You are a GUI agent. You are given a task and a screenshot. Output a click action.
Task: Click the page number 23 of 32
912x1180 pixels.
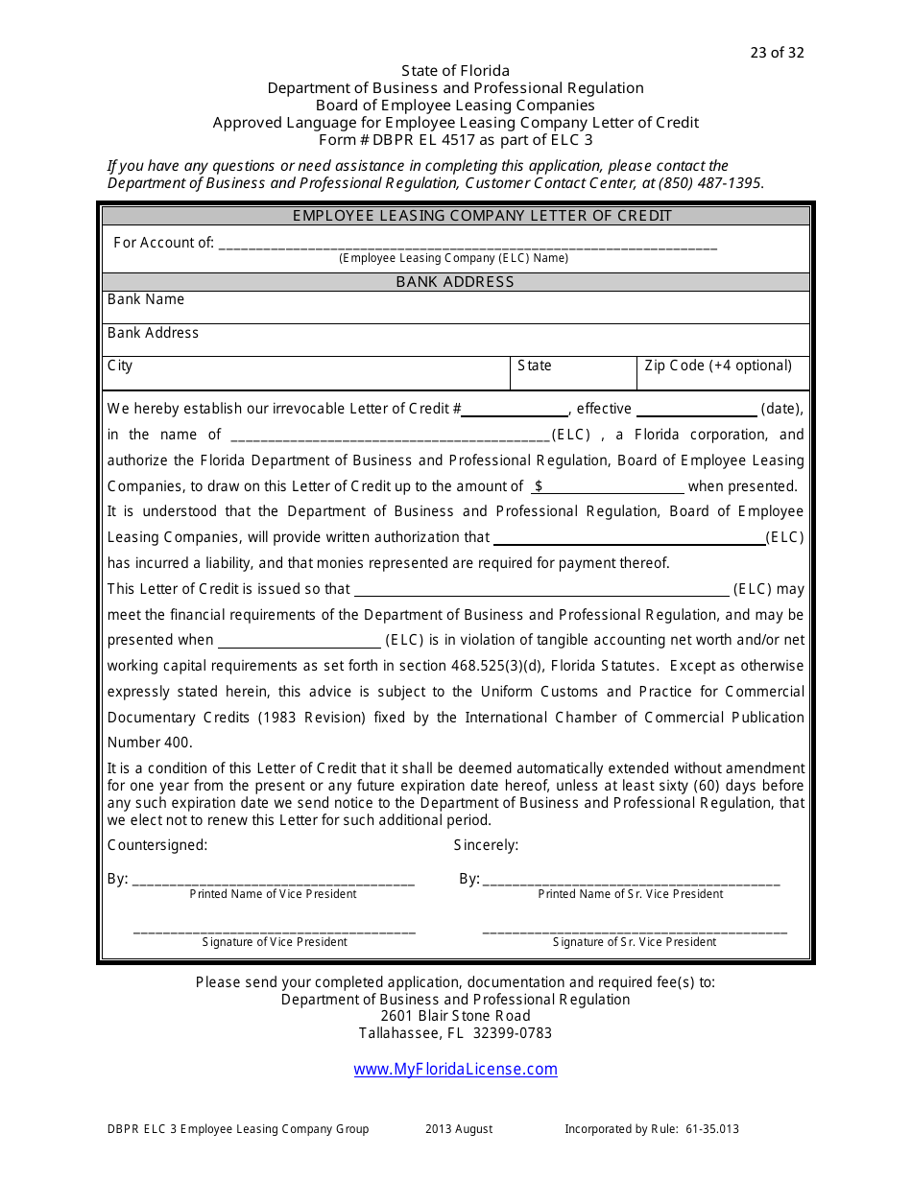point(777,53)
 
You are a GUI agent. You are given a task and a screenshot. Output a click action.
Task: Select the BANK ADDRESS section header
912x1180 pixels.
point(455,282)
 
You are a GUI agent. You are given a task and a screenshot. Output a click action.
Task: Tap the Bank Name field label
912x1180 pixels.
point(146,299)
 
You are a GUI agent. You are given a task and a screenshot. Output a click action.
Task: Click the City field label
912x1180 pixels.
point(120,366)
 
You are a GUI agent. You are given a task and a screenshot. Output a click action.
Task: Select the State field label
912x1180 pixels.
point(535,366)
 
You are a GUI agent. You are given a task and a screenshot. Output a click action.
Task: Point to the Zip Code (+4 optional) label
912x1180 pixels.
point(718,366)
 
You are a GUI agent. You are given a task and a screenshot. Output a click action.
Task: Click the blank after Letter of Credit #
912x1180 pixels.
point(516,410)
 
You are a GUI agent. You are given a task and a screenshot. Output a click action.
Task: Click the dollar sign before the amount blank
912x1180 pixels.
point(539,486)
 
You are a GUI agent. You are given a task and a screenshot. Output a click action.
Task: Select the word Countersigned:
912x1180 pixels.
point(157,845)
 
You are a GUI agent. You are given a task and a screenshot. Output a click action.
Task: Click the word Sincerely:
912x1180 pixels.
point(486,845)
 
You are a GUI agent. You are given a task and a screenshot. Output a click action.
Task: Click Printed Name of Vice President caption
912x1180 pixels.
point(273,894)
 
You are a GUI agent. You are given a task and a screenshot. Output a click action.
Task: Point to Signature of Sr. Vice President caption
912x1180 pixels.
point(635,942)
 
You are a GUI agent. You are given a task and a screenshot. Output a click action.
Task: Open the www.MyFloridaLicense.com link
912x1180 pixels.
point(455,1070)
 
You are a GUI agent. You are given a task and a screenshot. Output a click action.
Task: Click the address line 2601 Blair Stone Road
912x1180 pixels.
point(455,1016)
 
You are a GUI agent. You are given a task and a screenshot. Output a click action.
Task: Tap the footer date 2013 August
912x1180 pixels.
point(459,1129)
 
